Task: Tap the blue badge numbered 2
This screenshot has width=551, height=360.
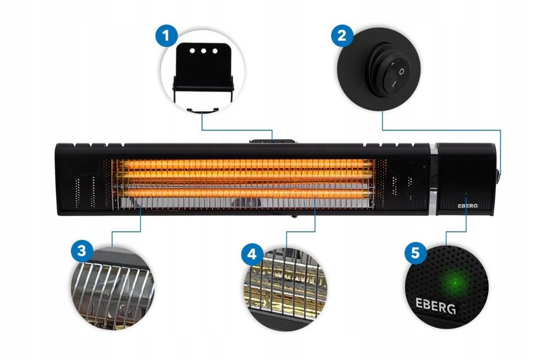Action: click(x=342, y=35)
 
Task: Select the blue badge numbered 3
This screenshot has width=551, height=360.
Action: click(x=82, y=251)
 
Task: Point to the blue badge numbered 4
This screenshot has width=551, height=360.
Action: click(x=252, y=254)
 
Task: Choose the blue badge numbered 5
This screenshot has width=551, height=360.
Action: click(x=415, y=252)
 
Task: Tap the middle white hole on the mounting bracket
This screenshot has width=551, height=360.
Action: click(x=203, y=51)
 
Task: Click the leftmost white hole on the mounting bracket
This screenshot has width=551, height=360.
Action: click(x=192, y=51)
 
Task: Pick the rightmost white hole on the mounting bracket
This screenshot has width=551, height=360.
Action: click(x=215, y=51)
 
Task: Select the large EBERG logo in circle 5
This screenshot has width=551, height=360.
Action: click(x=436, y=305)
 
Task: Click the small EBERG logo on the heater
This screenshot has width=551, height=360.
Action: click(x=468, y=206)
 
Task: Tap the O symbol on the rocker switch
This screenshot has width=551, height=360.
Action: click(x=401, y=71)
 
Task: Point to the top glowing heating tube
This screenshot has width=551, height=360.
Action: click(x=246, y=164)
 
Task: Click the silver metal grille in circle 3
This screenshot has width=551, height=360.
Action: click(x=112, y=288)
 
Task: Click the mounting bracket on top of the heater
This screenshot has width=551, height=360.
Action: click(x=272, y=141)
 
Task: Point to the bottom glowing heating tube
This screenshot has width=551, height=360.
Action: click(x=246, y=193)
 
